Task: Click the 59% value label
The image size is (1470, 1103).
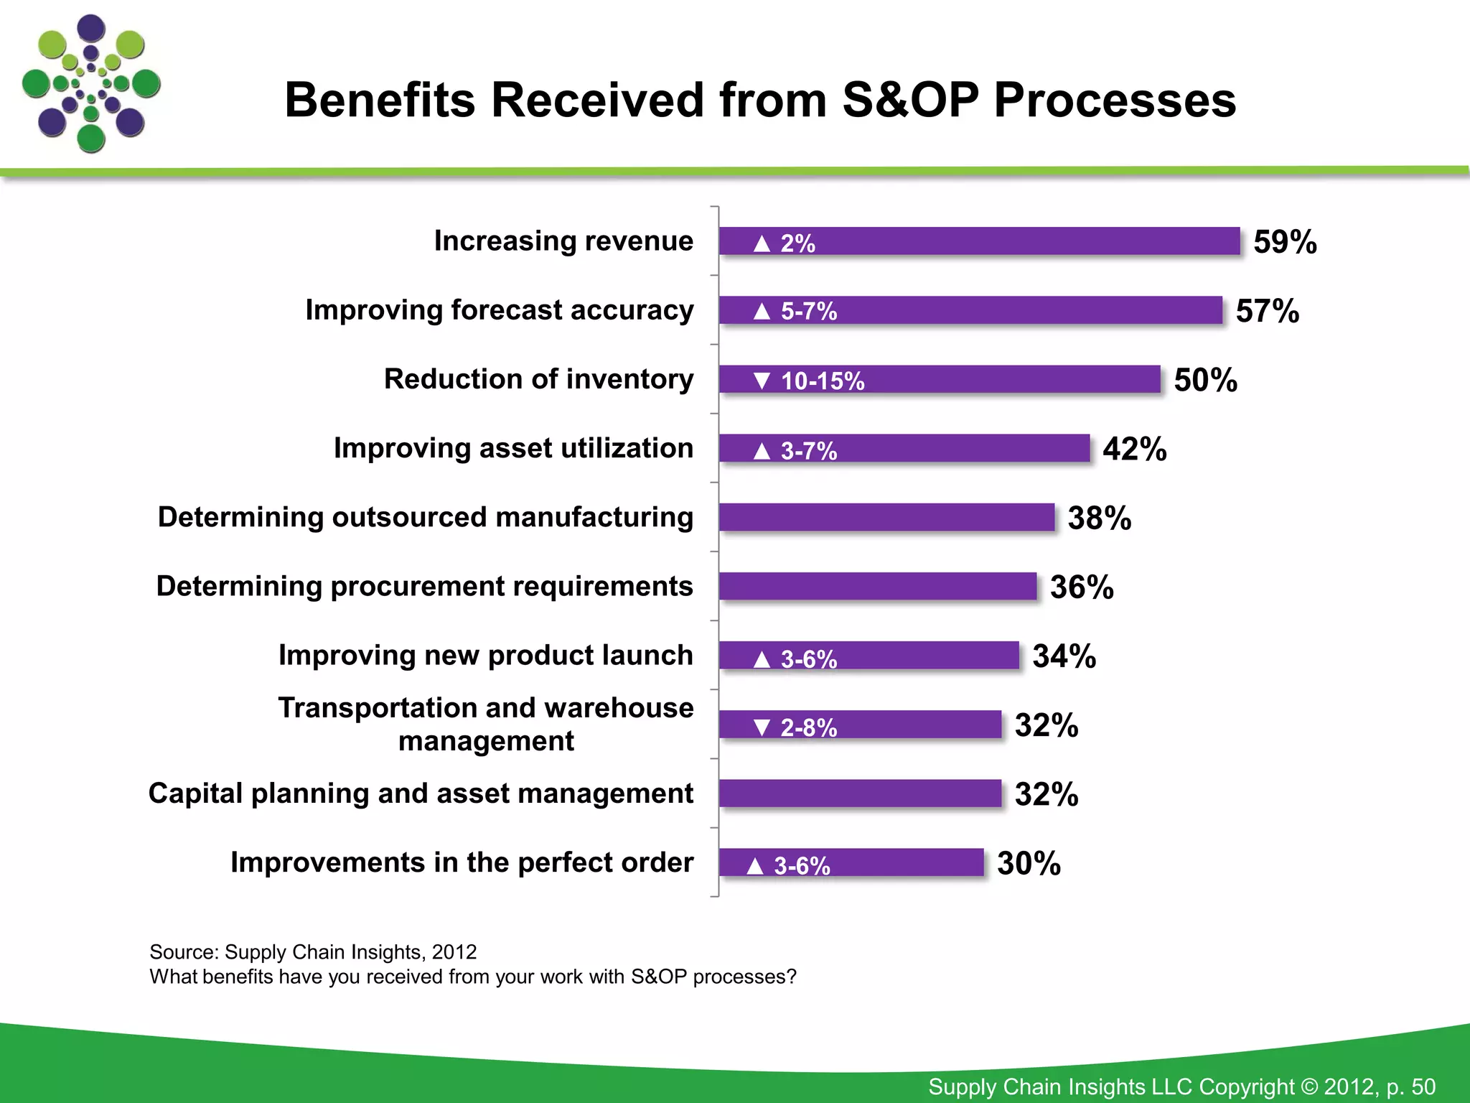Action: [x=1285, y=242]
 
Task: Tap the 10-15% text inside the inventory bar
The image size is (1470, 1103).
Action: [x=823, y=381]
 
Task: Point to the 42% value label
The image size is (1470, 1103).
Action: [x=1134, y=449]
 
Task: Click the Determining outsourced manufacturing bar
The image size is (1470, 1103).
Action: [x=886, y=517]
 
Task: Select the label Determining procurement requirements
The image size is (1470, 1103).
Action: [x=424, y=586]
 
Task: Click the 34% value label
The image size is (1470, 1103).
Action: [x=1064, y=656]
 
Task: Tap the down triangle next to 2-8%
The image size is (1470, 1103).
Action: [x=762, y=727]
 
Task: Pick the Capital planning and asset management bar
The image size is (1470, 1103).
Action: [x=860, y=793]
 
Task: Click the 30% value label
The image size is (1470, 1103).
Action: [x=1029, y=863]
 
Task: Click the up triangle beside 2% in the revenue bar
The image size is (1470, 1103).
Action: [x=762, y=244]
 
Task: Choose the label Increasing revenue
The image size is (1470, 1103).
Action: [x=563, y=241]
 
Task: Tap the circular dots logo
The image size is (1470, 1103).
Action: [x=91, y=84]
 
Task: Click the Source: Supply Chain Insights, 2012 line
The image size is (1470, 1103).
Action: [x=313, y=952]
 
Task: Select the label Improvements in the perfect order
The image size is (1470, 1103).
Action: [x=462, y=862]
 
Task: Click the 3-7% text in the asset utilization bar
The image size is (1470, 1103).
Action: [x=808, y=451]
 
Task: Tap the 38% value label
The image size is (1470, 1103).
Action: [x=1099, y=518]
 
